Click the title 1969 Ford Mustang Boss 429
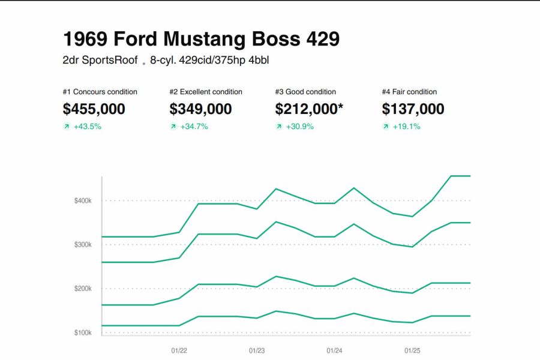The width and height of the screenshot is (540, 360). (x=201, y=39)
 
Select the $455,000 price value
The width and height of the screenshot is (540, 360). (x=94, y=109)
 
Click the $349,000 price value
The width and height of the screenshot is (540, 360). (x=200, y=109)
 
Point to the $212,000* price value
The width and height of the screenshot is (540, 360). (x=310, y=109)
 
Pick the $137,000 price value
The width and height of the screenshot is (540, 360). (x=413, y=109)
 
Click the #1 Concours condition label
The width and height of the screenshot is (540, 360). (x=100, y=92)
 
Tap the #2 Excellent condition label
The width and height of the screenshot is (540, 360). (x=206, y=92)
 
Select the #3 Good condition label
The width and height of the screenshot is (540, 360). (x=305, y=92)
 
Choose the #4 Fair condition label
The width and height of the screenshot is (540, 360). (x=409, y=92)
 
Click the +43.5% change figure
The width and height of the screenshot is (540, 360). (x=87, y=127)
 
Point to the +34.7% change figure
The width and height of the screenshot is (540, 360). (x=194, y=127)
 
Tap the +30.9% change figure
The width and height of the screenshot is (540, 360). (x=299, y=127)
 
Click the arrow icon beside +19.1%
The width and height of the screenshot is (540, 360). (x=386, y=127)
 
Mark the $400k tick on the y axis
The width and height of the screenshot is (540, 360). (x=83, y=200)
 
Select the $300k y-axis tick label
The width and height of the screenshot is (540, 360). (x=83, y=245)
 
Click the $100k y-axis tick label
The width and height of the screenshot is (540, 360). (x=83, y=332)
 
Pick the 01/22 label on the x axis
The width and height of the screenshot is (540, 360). (x=179, y=350)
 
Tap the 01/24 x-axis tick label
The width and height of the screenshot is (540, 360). (x=334, y=350)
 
